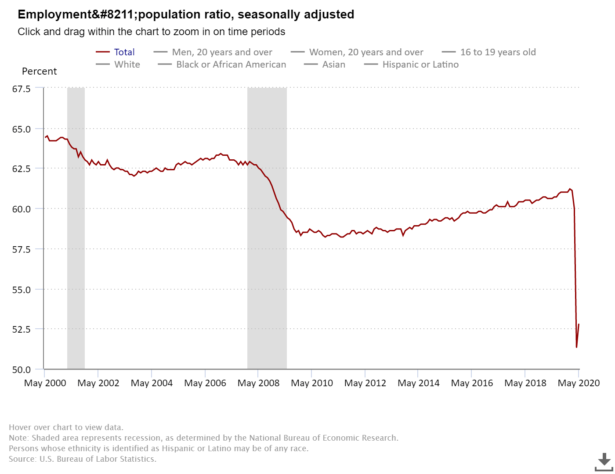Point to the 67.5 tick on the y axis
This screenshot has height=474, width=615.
[21, 89]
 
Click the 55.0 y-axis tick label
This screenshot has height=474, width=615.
[21, 290]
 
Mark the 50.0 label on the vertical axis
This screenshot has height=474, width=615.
[21, 370]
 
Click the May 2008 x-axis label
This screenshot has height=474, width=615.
[258, 383]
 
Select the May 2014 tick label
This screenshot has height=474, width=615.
[418, 383]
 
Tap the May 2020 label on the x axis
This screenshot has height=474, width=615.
[579, 383]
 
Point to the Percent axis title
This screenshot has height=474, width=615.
[39, 72]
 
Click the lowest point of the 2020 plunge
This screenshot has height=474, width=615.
[576, 347]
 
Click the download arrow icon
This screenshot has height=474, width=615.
[604, 460]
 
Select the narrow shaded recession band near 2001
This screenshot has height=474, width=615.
[76, 228]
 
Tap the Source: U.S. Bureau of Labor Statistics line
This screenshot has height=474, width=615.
[83, 459]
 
